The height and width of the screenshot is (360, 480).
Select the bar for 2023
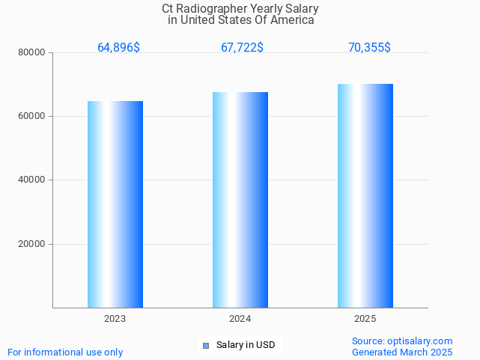(115, 204)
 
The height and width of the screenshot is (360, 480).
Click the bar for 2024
(240, 199)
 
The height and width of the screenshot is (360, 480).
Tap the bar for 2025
(365, 195)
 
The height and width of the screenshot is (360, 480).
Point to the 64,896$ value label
(118, 48)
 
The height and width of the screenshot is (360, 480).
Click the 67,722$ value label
(242, 48)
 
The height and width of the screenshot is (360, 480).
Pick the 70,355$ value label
(369, 48)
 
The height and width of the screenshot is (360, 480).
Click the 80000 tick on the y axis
(32, 53)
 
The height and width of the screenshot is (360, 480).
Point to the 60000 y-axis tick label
(32, 117)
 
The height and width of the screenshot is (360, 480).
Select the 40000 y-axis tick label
(32, 180)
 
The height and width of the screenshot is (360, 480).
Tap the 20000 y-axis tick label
(32, 244)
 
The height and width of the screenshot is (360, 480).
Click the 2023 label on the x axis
(115, 319)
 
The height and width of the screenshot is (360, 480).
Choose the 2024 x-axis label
(240, 319)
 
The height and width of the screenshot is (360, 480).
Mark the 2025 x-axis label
(365, 319)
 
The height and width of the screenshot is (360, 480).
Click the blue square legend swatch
(206, 345)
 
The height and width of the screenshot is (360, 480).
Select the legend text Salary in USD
(246, 345)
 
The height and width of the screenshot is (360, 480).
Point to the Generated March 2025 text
(402, 352)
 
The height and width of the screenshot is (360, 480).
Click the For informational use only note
(65, 352)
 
